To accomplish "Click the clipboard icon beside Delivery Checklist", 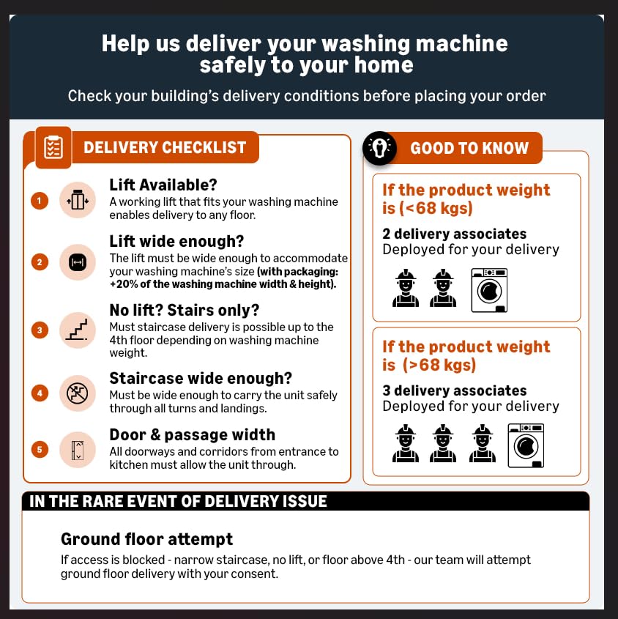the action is click(x=53, y=147).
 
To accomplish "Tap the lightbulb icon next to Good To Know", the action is click(x=379, y=148).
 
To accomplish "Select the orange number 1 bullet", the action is click(x=40, y=201).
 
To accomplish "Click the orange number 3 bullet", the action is click(x=40, y=330).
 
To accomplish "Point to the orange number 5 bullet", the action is click(x=40, y=449).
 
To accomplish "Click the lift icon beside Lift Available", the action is click(x=78, y=200).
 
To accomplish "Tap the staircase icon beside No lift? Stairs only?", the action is click(x=78, y=330).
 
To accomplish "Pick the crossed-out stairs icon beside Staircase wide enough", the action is click(x=78, y=393).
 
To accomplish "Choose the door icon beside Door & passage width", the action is click(x=78, y=450).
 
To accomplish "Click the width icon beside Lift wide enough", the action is click(x=78, y=262).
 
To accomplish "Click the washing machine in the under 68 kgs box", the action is click(x=489, y=290).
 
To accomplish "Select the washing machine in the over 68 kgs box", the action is click(x=526, y=445).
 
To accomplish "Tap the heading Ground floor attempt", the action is click(x=146, y=539).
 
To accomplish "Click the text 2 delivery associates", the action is click(x=454, y=234).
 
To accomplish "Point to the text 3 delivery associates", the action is click(x=454, y=390).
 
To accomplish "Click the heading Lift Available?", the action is click(x=163, y=185).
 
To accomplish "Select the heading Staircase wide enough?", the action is click(x=201, y=378).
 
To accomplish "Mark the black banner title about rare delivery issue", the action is click(x=178, y=501).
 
